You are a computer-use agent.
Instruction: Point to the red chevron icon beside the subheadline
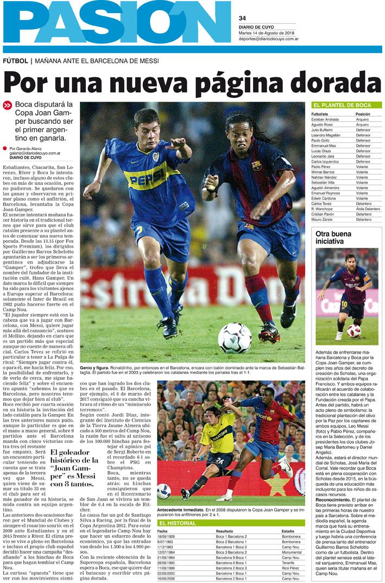[7, 105]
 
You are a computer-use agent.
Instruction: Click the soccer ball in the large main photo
[234, 338]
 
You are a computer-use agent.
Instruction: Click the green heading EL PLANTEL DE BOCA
[342, 105]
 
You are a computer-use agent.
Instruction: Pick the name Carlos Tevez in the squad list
[323, 203]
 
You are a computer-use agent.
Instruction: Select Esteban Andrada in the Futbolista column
[325, 120]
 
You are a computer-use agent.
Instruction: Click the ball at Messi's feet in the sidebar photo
[354, 330]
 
